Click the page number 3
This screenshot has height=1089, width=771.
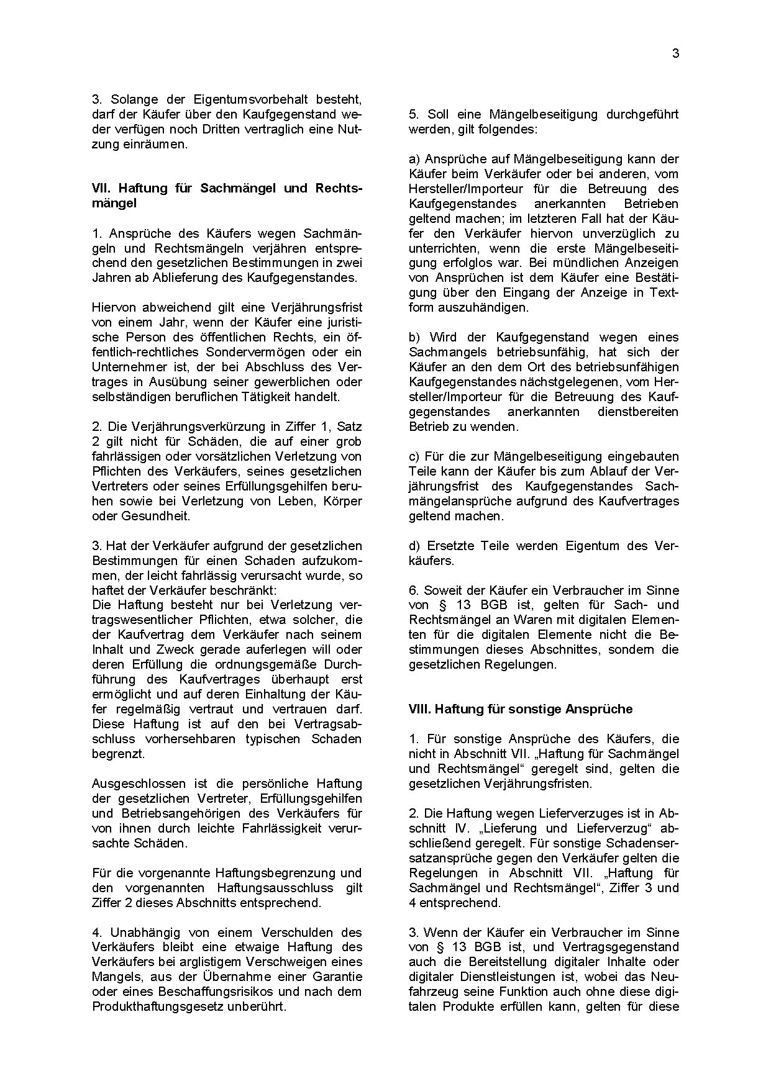675,54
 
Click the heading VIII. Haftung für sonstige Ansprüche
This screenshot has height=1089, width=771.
521,709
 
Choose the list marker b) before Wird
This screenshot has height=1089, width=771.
414,338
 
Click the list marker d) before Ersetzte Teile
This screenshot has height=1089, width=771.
414,546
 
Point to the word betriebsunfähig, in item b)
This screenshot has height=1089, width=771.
524,353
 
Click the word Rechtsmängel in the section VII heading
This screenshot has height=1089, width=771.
338,188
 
